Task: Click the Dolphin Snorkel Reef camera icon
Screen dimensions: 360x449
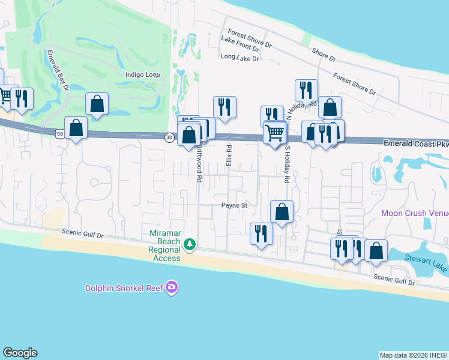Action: pyautogui.click(x=172, y=287)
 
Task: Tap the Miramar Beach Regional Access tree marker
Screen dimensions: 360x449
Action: pyautogui.click(x=190, y=244)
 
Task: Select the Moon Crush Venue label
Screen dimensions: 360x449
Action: pyautogui.click(x=415, y=214)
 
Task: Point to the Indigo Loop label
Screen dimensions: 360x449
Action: pyautogui.click(x=142, y=75)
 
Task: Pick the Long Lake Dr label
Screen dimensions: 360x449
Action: pyautogui.click(x=240, y=58)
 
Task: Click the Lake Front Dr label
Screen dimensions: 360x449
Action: pyautogui.click(x=240, y=44)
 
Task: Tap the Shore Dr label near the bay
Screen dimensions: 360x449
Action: pyautogui.click(x=324, y=54)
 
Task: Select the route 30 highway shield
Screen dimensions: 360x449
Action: pyautogui.click(x=170, y=137)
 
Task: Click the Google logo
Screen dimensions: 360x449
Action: pyautogui.click(x=20, y=353)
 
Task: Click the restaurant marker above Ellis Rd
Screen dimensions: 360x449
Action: pyautogui.click(x=224, y=107)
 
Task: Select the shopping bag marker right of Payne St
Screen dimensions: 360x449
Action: pyautogui.click(x=282, y=212)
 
